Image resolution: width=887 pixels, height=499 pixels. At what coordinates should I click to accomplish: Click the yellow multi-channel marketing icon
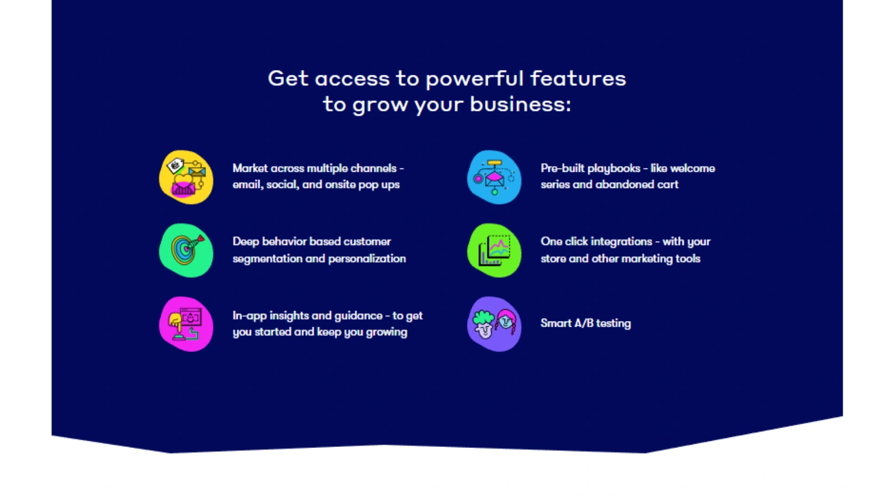click(x=186, y=177)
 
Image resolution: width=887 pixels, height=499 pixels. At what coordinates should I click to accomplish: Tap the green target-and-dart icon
click(x=186, y=250)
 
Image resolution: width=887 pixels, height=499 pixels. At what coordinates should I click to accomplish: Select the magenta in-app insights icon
click(x=186, y=324)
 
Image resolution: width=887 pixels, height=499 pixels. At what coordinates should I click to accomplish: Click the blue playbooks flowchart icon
click(x=494, y=177)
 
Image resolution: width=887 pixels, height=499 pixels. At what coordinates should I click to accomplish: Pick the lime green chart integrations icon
click(x=494, y=250)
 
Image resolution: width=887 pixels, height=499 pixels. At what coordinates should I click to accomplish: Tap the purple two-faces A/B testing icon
click(x=494, y=324)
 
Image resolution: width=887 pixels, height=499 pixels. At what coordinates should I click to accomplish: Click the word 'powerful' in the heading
click(x=474, y=79)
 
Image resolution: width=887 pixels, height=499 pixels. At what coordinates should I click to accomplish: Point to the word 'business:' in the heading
click(x=520, y=104)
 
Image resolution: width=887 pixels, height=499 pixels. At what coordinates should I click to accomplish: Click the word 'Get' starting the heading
click(x=288, y=78)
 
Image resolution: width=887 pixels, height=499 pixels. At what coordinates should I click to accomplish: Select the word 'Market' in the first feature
click(x=249, y=168)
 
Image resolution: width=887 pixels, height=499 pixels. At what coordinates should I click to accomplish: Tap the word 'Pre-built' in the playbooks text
click(x=562, y=168)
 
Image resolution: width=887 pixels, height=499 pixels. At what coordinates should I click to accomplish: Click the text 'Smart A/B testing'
click(x=585, y=323)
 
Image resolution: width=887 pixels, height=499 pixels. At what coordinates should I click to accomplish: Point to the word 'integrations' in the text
click(x=621, y=242)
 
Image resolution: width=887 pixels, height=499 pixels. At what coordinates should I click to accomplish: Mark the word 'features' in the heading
click(x=578, y=79)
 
